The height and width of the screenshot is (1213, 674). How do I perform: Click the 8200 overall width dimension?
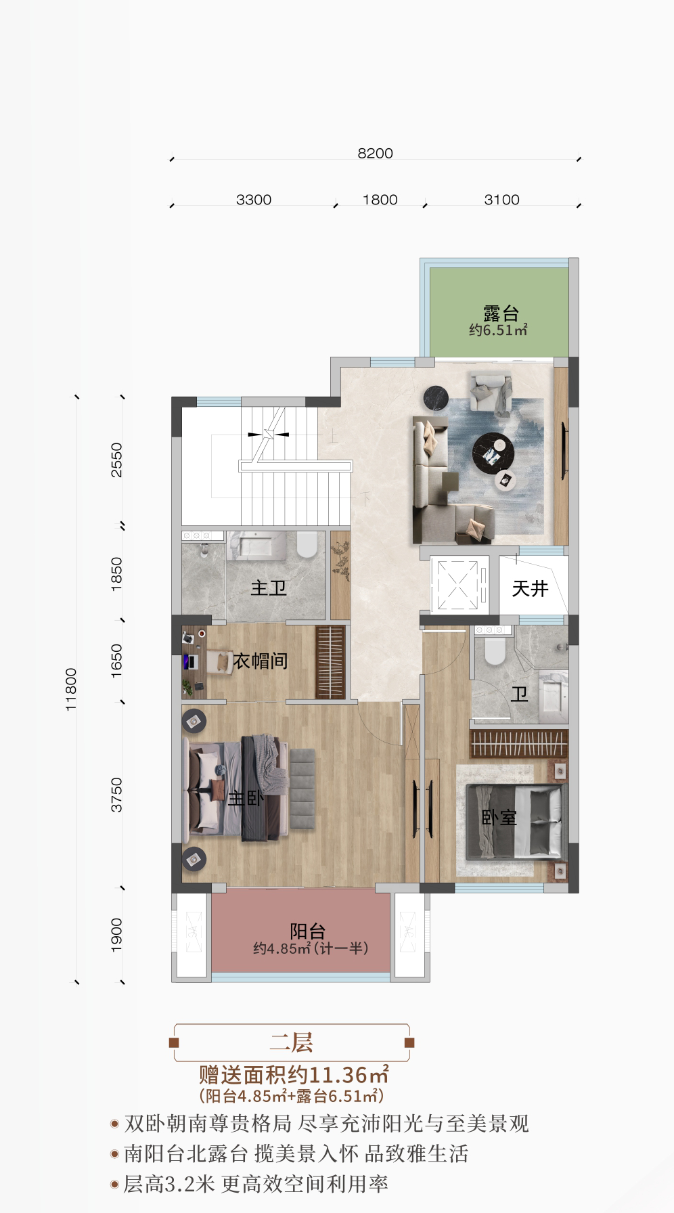point(375,154)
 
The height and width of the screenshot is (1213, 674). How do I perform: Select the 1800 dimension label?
point(380,200)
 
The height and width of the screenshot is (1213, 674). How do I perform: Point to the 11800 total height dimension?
point(71,689)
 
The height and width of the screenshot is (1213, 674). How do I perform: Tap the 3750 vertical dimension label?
point(117,795)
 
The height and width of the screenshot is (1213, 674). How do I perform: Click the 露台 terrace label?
point(500,313)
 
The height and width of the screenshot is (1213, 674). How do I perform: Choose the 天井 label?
point(529,588)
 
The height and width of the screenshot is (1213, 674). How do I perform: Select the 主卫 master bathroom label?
point(269,588)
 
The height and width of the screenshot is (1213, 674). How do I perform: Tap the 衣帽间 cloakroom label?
point(261,661)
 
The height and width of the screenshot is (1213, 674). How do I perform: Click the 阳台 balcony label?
point(308,931)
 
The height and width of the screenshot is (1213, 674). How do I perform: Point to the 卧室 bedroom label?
point(499,818)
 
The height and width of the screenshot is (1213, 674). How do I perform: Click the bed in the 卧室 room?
point(514,820)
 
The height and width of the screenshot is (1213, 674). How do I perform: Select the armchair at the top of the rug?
point(491,392)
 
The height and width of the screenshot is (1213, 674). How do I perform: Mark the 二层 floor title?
point(292,1042)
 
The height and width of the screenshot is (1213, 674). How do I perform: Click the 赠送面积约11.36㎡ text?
point(294,1075)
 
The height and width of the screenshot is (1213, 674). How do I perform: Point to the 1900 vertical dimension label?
point(117,935)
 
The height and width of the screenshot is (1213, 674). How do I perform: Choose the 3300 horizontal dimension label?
point(254,200)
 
